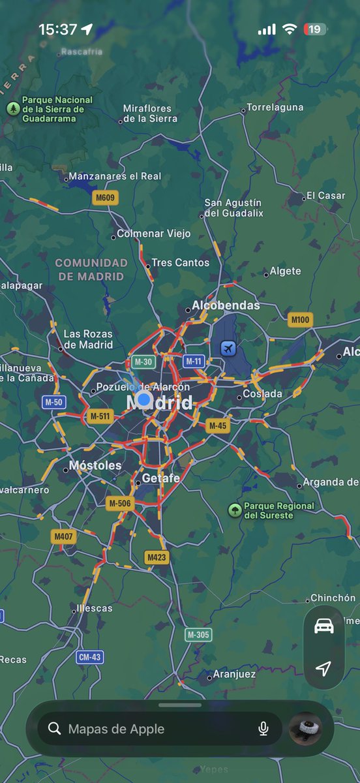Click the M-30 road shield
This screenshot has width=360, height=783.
tap(143, 361)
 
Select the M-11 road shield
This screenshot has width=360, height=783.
tap(194, 361)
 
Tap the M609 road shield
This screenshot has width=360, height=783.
tap(104, 198)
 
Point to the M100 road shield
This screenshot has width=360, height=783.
tap(300, 319)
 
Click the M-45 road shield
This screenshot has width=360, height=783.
tap(218, 426)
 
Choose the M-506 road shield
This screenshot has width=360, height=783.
tap(119, 503)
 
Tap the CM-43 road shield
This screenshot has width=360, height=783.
tap(89, 657)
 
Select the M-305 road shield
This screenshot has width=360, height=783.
tap(198, 634)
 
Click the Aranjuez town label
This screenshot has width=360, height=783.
tap(234, 674)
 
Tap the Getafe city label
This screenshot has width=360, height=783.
tap(160, 478)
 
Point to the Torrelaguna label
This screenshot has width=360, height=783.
tap(275, 108)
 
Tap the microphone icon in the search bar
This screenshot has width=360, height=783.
tap(263, 729)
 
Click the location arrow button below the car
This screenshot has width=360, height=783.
tap(323, 668)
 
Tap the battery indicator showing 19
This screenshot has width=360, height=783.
tap(315, 29)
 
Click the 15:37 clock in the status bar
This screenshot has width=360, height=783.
tap(57, 29)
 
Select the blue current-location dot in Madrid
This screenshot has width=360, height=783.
tap(144, 399)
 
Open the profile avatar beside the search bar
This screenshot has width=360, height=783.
tap(305, 728)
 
